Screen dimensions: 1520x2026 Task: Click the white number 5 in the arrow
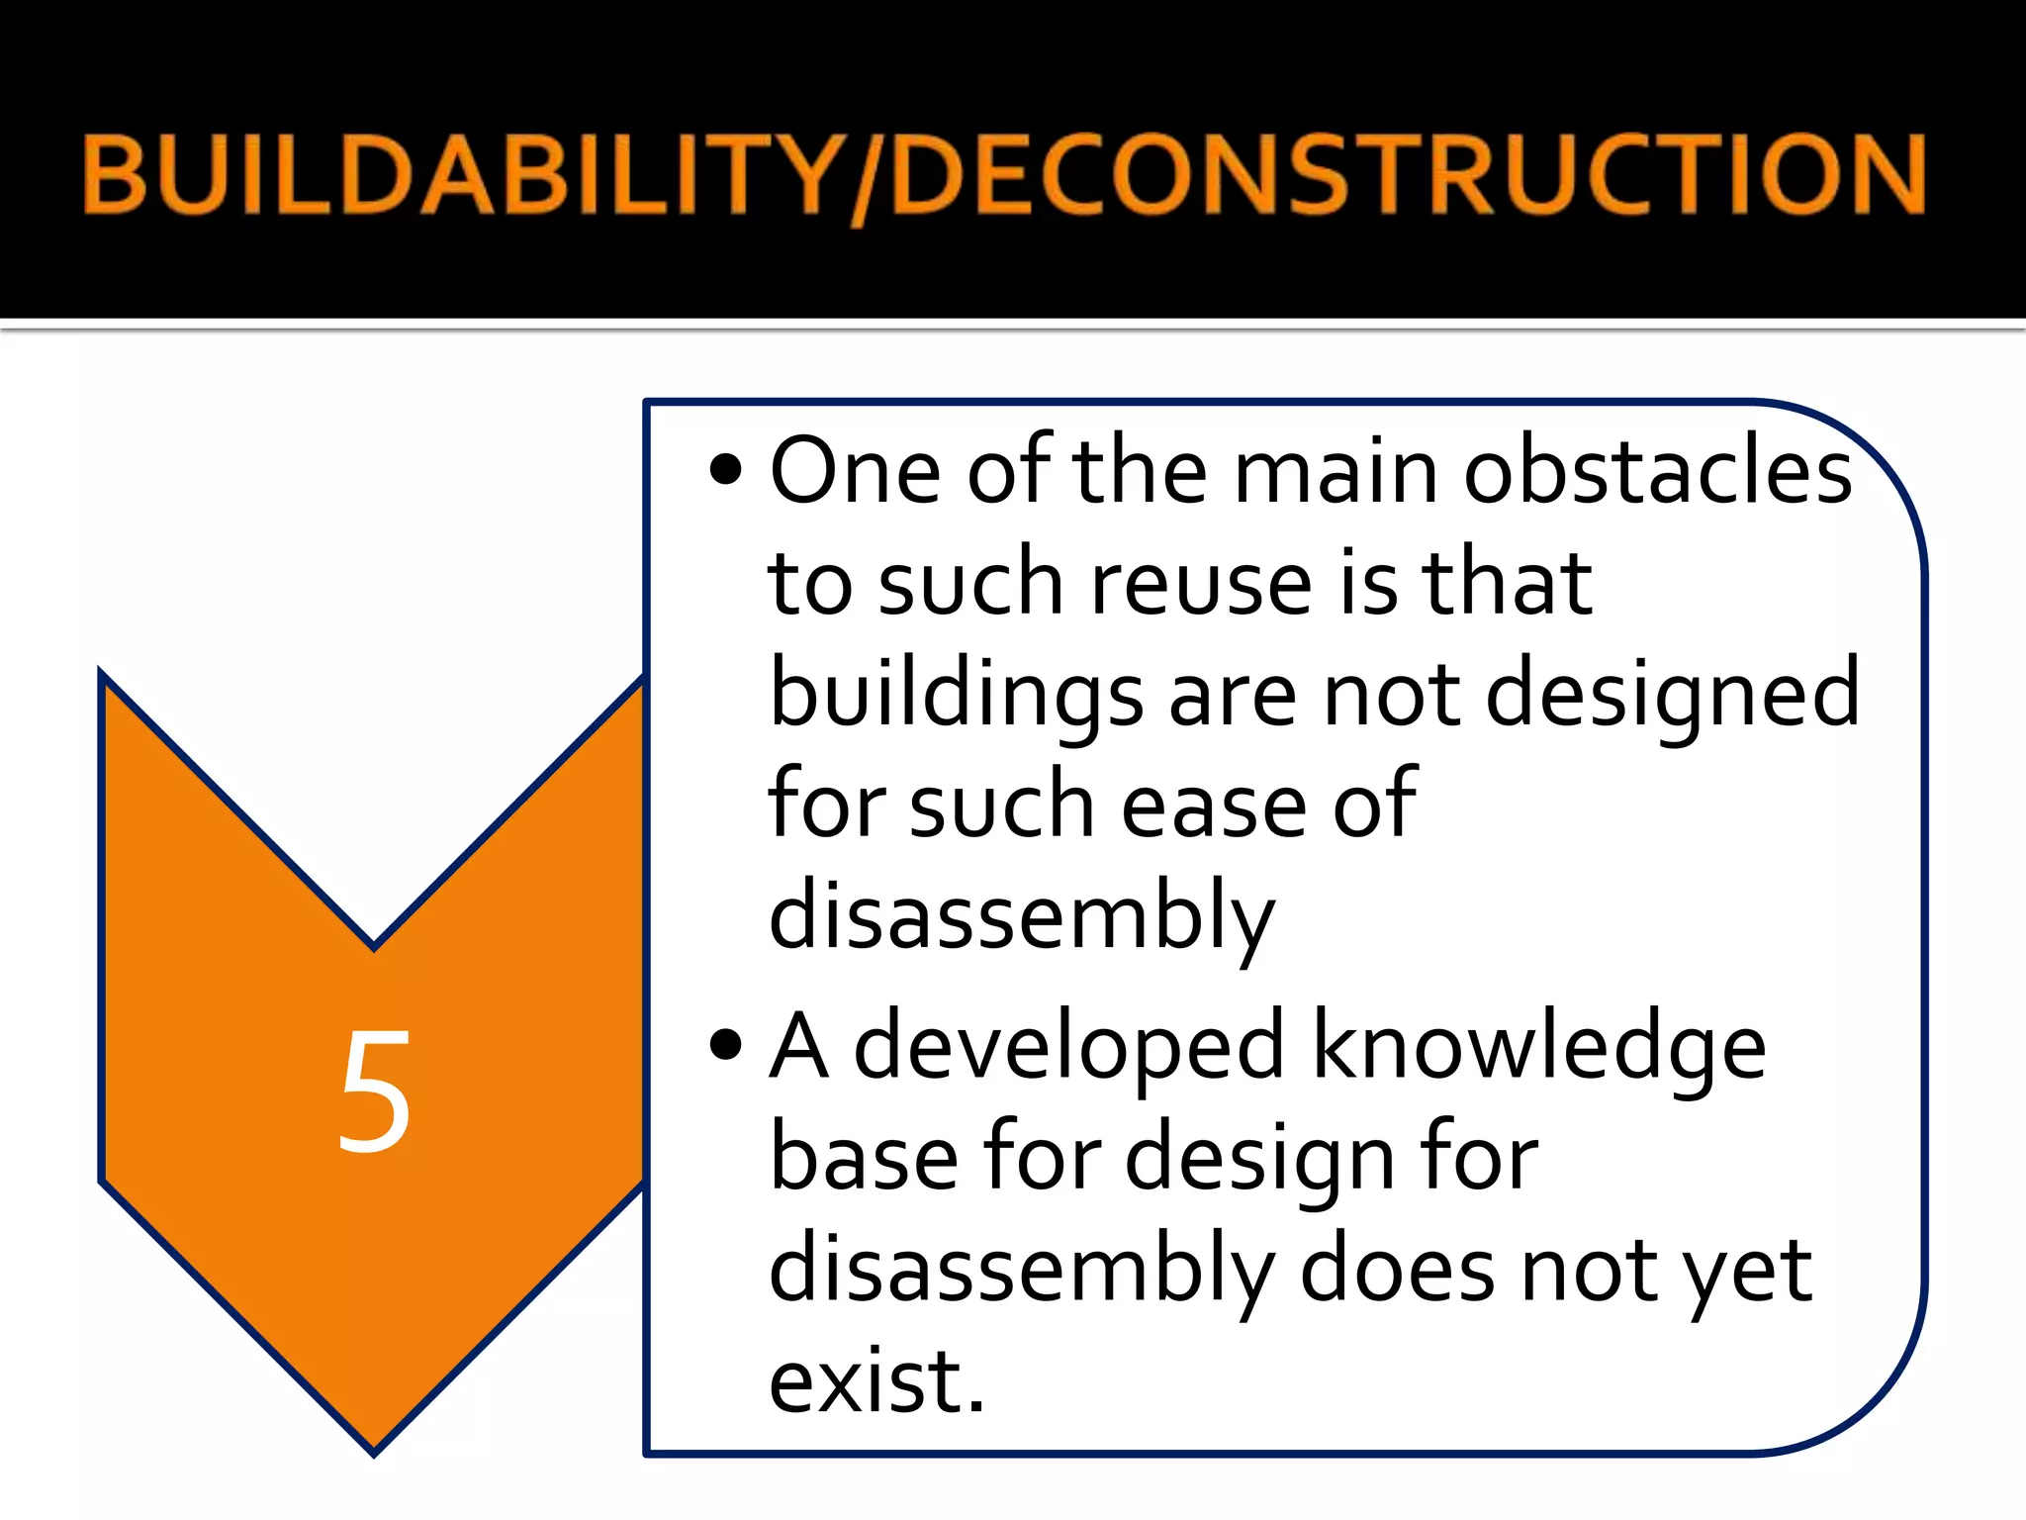click(x=374, y=1091)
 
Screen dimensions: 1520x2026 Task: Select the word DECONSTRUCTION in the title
click(x=1410, y=176)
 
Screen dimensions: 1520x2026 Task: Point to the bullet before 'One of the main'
click(x=725, y=469)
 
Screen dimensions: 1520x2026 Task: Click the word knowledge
click(x=1538, y=1048)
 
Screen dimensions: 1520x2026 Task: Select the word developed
click(x=1068, y=1048)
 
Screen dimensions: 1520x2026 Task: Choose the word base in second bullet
click(x=864, y=1158)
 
